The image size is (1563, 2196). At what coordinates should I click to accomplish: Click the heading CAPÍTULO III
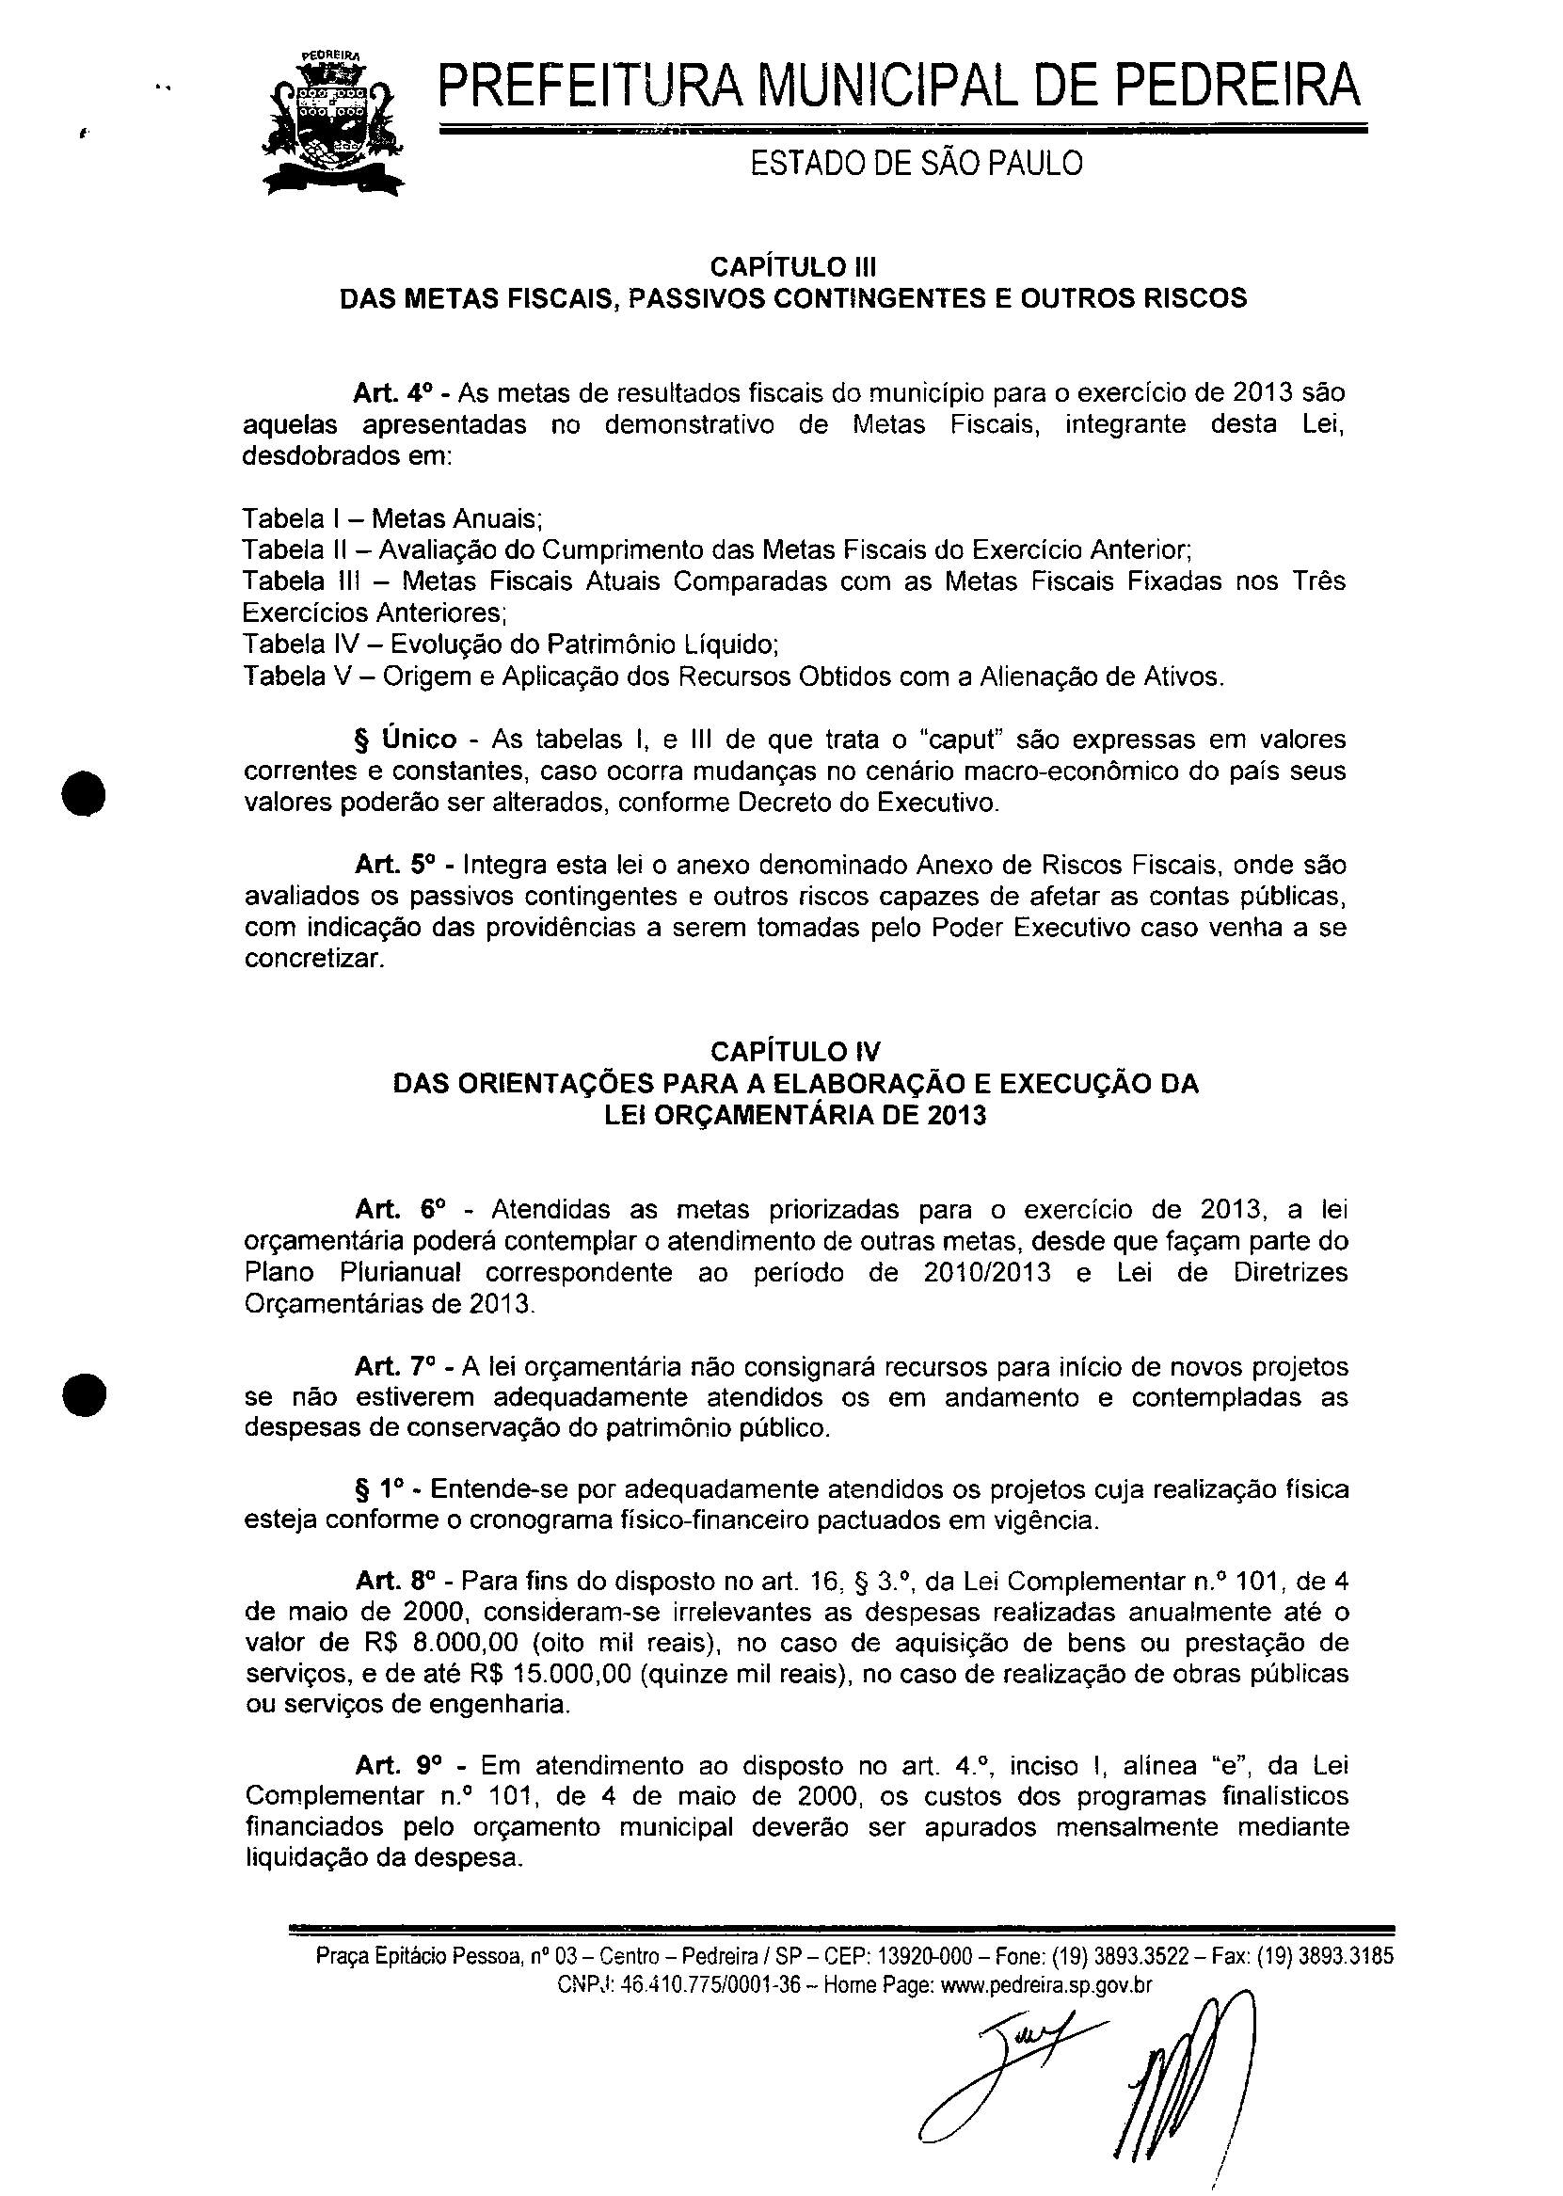(793, 265)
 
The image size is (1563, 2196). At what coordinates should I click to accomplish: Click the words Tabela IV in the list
(285, 644)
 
